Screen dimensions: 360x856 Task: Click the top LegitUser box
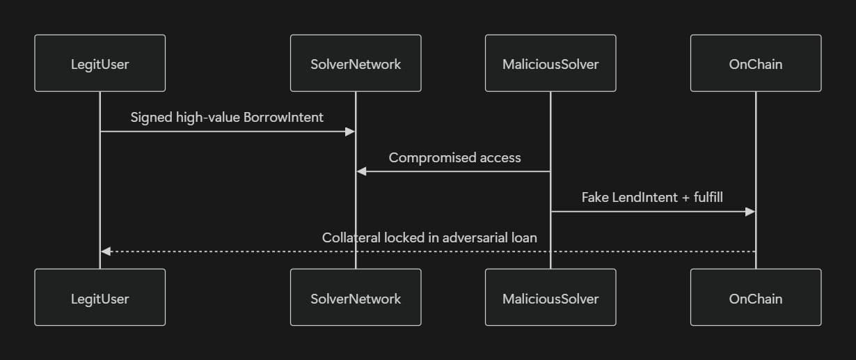(x=100, y=64)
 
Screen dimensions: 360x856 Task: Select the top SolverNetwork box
(x=356, y=64)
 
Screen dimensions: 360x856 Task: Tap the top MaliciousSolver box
(x=550, y=64)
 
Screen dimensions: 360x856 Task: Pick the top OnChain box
(x=756, y=64)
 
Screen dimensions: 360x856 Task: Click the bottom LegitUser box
(x=100, y=298)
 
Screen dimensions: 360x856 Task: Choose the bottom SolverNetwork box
(x=356, y=298)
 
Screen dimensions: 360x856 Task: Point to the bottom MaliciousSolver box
(x=550, y=298)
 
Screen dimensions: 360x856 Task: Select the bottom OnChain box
(x=756, y=298)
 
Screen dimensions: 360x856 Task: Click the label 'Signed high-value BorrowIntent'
(x=227, y=118)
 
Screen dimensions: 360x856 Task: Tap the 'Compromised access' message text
(x=454, y=157)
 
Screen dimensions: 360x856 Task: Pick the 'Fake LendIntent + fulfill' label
(x=652, y=198)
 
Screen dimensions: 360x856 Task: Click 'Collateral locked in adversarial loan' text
(x=429, y=237)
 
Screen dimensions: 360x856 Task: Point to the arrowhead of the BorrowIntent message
(x=351, y=132)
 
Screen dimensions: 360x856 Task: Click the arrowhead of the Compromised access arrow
(x=360, y=171)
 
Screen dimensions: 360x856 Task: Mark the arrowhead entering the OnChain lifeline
(x=751, y=212)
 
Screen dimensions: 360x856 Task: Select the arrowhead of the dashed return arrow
(x=105, y=251)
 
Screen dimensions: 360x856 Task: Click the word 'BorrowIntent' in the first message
(x=283, y=118)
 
